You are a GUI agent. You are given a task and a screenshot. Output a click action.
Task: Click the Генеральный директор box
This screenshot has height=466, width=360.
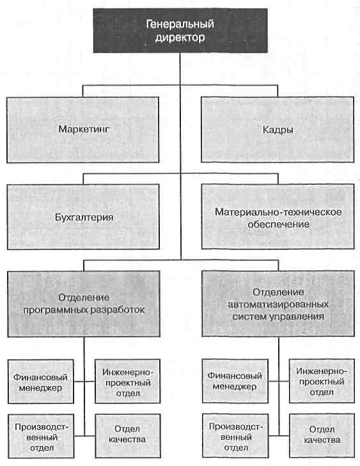point(180,31)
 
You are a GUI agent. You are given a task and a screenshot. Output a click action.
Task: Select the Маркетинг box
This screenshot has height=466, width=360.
point(83,130)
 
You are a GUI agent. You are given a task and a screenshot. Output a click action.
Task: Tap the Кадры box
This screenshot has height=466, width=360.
point(278,130)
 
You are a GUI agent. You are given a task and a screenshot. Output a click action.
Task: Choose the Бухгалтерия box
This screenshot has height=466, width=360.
point(83,217)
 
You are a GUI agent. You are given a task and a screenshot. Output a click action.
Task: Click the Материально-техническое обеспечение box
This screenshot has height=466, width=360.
point(278,217)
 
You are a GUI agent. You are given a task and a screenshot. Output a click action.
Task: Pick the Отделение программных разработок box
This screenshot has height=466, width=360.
point(84,304)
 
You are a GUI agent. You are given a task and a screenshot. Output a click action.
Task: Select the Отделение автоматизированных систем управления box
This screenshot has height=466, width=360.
point(278,304)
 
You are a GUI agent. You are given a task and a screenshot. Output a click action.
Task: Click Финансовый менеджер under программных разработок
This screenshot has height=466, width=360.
point(41,382)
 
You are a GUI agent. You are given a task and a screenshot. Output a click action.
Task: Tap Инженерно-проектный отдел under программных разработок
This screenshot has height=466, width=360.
point(128,381)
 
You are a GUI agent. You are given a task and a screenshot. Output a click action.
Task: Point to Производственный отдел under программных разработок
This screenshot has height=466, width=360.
point(41,437)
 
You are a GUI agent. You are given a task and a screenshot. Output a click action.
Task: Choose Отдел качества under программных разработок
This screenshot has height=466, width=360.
point(128,436)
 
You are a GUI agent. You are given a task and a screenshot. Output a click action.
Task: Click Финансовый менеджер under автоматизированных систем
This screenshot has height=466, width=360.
point(235,381)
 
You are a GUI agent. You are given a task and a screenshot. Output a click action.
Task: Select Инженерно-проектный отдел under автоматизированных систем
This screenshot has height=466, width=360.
point(322,381)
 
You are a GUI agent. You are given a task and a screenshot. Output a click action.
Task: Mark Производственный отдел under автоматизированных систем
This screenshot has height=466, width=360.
point(235,436)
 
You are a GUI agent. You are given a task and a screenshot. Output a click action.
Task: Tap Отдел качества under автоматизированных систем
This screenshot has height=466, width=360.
point(322,436)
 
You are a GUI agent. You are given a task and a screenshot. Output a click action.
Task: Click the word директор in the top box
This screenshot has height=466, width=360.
point(180,38)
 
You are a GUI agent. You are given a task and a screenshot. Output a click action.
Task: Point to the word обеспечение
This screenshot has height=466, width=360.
point(278,224)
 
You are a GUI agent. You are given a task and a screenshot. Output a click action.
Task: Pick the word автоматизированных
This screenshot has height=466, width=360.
point(278,304)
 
